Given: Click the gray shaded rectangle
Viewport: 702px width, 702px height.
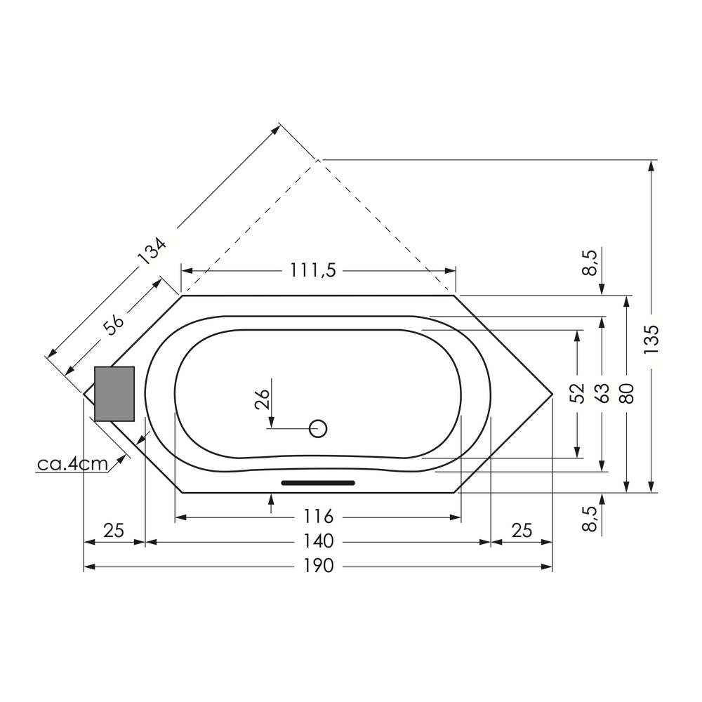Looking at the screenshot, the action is pos(114,394).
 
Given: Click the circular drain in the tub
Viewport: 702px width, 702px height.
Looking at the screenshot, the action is pos(318,428).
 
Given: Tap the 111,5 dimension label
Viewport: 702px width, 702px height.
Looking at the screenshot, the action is pos(313,270).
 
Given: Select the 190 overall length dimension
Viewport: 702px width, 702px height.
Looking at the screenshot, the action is pos(319,566).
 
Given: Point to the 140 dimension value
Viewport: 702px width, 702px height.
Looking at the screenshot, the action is pos(319,541).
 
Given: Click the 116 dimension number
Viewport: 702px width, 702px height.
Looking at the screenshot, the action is pos(319,517).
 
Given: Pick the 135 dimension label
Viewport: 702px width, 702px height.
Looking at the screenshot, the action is pos(652,339).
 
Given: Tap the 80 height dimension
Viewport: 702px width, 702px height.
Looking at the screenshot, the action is pos(628,394).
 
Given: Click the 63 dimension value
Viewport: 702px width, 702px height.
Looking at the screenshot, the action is pos(603,394).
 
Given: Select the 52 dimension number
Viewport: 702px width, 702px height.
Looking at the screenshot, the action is pos(578,394).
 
